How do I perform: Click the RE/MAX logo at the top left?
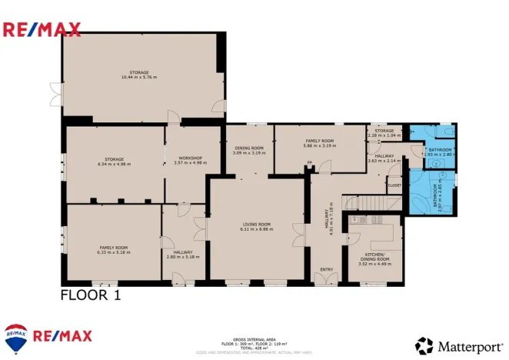42,30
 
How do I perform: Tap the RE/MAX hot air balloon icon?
16,336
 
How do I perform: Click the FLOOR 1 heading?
90,294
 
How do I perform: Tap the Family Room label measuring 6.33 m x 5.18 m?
112,250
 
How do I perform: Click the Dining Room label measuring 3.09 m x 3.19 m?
248,150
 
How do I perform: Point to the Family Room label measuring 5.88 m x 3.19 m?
320,143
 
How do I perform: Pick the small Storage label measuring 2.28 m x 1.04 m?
384,133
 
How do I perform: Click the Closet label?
394,185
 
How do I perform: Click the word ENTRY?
327,269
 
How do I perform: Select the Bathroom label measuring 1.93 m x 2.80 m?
440,152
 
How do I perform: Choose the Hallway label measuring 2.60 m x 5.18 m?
183,254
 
